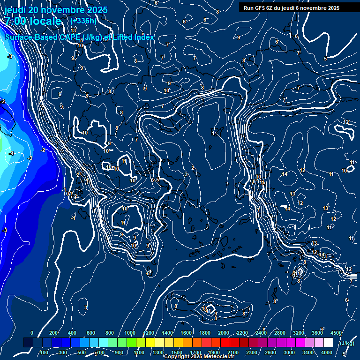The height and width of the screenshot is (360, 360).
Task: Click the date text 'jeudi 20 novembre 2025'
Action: [x=56, y=10]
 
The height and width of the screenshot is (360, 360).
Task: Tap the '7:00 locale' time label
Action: [x=33, y=21]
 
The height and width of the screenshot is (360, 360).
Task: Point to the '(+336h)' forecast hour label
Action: [x=83, y=21]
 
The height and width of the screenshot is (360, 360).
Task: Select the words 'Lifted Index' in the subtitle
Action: [x=134, y=37]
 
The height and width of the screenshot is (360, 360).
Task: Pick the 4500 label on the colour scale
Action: [x=336, y=333]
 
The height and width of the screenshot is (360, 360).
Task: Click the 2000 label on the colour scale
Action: [x=224, y=333]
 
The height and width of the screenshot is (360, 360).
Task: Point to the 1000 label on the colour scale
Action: [x=130, y=333]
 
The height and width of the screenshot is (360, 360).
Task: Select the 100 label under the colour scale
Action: [x=44, y=352]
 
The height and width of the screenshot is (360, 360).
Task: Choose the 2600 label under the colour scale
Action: [x=270, y=352]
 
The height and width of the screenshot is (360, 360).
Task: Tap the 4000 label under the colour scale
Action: [x=327, y=352]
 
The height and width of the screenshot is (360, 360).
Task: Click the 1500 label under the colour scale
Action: [x=177, y=352]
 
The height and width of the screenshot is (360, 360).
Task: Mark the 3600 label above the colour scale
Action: [x=317, y=333]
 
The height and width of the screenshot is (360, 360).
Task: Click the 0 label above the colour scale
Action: [x=31, y=333]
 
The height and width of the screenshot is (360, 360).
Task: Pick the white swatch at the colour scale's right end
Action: [x=328, y=343]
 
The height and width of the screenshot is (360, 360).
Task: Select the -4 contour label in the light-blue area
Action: [x=11, y=153]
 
